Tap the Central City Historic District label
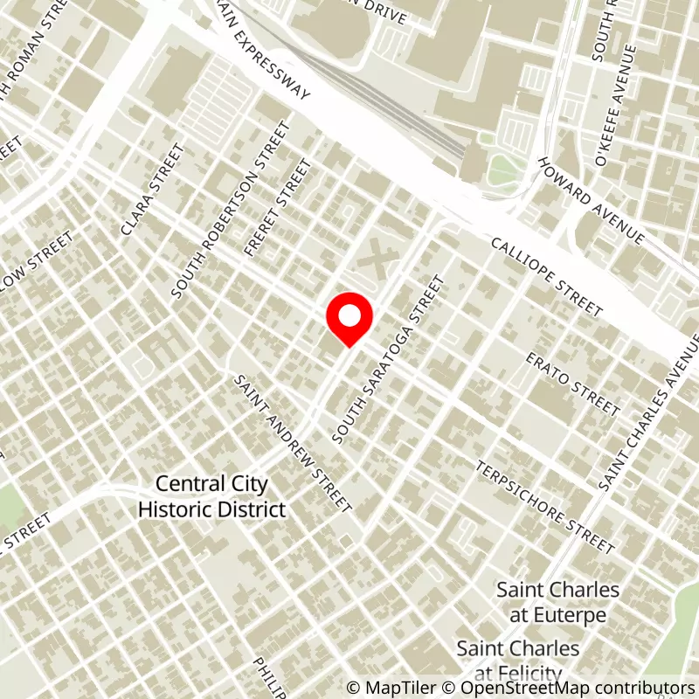coord(212,496)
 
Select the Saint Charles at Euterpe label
coord(558,602)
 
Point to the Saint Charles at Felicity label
coord(518,660)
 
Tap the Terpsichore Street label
coord(545,507)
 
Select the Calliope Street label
coord(547,277)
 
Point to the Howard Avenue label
coord(592,202)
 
